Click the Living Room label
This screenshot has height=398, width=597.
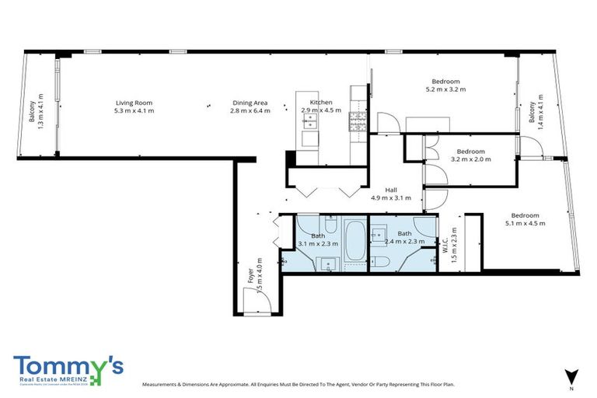(x=134, y=103)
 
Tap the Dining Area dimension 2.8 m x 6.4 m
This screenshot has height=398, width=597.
(x=250, y=111)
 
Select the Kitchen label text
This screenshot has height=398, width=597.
(x=321, y=103)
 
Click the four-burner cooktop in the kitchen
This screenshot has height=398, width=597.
(x=359, y=120)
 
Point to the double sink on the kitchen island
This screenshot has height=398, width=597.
(x=306, y=120)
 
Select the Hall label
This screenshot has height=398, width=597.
(x=392, y=190)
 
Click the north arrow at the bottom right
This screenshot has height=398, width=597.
(x=571, y=375)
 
